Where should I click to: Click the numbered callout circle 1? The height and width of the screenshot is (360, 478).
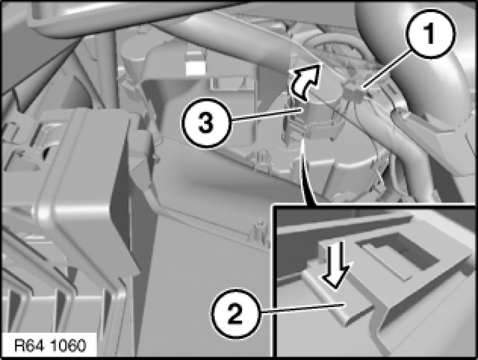click(431, 33)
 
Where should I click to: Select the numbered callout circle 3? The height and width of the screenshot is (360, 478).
click(206, 123)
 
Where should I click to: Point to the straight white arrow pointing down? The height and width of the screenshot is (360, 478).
click(335, 264)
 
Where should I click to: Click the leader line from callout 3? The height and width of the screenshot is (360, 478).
click(267, 116)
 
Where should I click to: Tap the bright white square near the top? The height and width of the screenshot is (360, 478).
click(195, 68)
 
